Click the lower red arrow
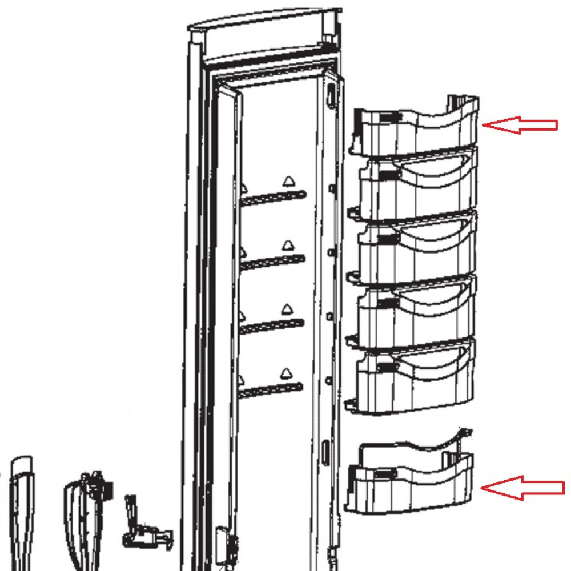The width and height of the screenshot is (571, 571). click(x=522, y=487)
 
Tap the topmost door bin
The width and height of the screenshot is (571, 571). click(x=417, y=128)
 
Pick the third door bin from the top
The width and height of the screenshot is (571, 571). click(x=417, y=246)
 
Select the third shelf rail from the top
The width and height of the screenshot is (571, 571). click(x=273, y=326)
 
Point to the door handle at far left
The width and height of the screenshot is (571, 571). click(x=20, y=508)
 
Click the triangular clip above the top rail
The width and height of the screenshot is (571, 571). click(x=287, y=182)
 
